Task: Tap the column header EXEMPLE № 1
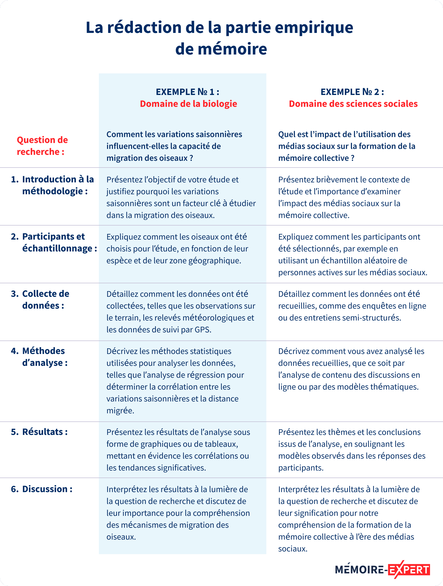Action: click(x=187, y=92)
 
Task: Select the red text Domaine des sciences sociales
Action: click(x=353, y=104)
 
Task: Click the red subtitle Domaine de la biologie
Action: click(x=188, y=104)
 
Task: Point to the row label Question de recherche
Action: click(x=42, y=146)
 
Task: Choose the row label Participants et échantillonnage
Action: click(x=54, y=242)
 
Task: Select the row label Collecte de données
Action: click(x=43, y=299)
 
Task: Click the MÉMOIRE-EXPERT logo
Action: click(x=382, y=570)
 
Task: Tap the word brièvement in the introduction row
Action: click(x=341, y=180)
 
